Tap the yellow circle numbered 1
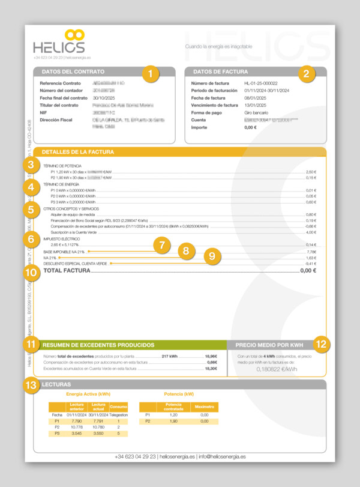coord(151,74)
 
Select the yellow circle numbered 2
coord(306,74)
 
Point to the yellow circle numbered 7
coord(161,244)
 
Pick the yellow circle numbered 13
coord(31,385)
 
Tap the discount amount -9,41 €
coord(310,264)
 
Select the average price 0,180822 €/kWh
coord(277,369)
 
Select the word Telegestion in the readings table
coord(119,414)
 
